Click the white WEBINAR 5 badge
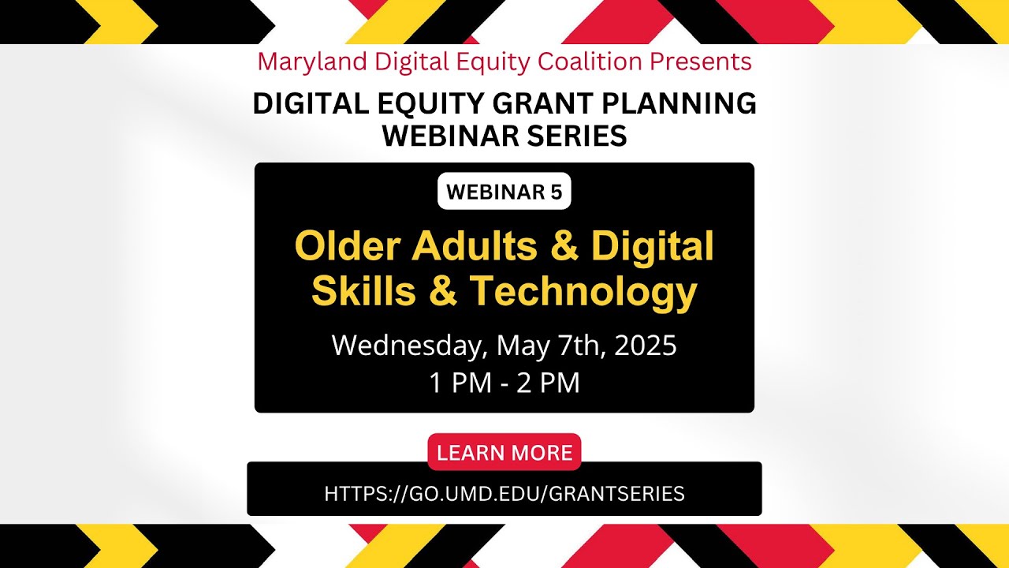[504, 192]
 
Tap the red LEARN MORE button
[504, 452]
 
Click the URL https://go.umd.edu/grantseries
[504, 494]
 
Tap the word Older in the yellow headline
[347, 247]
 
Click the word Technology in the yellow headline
[583, 292]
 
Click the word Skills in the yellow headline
[363, 292]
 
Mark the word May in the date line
[522, 346]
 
